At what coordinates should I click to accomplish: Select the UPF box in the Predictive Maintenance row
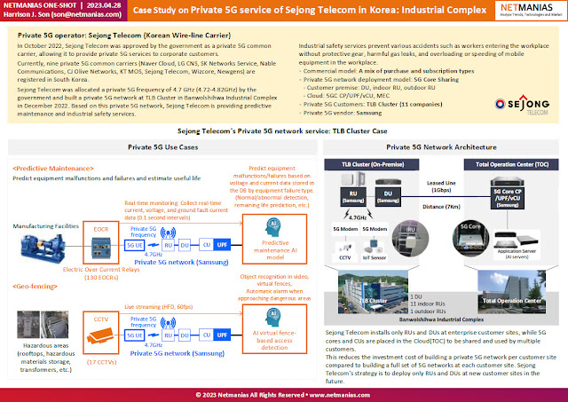[221, 244]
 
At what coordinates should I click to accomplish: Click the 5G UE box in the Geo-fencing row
[135, 336]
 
